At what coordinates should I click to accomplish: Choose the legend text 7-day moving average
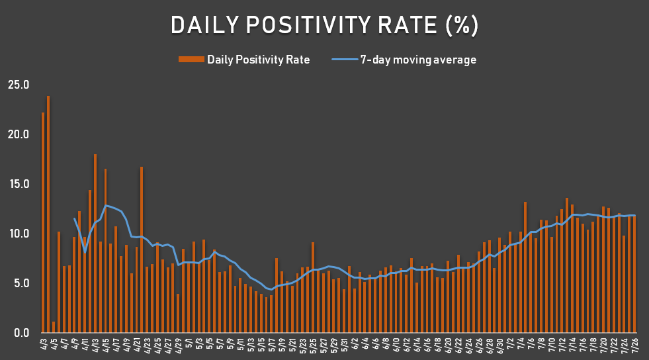click(417, 60)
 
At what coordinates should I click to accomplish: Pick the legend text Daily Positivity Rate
click(258, 60)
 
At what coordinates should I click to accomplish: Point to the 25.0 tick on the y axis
click(18, 85)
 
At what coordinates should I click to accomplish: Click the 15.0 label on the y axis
click(18, 184)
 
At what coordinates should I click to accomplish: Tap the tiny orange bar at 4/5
click(54, 327)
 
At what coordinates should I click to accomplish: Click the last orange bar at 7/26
click(634, 274)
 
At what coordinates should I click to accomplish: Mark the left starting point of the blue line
click(74, 218)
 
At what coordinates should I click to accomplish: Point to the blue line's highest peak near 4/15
click(106, 205)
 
